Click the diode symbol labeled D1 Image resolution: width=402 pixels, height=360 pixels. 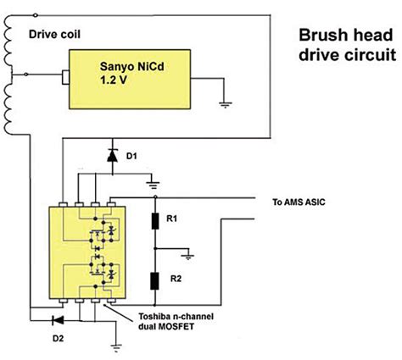(113, 156)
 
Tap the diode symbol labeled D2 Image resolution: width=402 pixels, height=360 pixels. (59, 320)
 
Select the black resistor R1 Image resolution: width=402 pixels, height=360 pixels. (155, 221)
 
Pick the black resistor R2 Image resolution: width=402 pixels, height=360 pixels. (154, 281)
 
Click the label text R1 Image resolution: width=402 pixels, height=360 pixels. (171, 219)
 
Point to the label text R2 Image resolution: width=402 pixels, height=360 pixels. (176, 279)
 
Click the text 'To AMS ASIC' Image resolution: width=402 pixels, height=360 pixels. (299, 202)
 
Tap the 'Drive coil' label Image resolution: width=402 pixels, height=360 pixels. (54, 35)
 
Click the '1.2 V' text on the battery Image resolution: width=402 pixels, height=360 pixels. (114, 80)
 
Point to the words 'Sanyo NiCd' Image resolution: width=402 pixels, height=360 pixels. (131, 67)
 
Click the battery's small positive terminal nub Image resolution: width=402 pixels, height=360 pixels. (65, 77)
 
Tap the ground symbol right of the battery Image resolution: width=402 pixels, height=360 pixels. (225, 105)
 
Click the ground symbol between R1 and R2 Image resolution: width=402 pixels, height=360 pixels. (188, 257)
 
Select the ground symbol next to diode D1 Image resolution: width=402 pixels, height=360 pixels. (153, 186)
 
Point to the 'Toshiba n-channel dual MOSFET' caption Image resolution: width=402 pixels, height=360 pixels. (176, 321)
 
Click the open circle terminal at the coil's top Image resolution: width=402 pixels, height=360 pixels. (36, 15)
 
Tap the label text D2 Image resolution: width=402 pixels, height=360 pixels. (58, 338)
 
